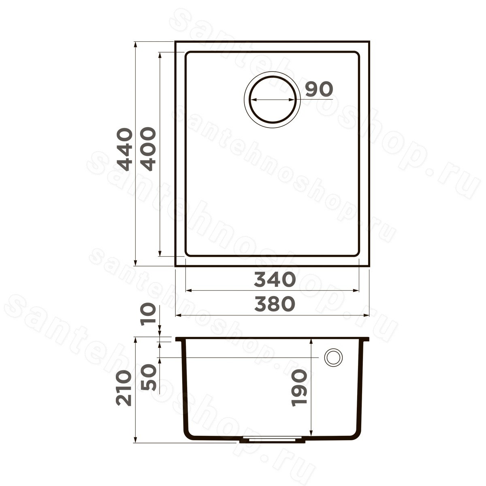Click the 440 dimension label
click(125, 149)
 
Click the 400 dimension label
click(147, 149)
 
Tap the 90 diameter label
click(319, 89)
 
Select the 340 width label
click(275, 280)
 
